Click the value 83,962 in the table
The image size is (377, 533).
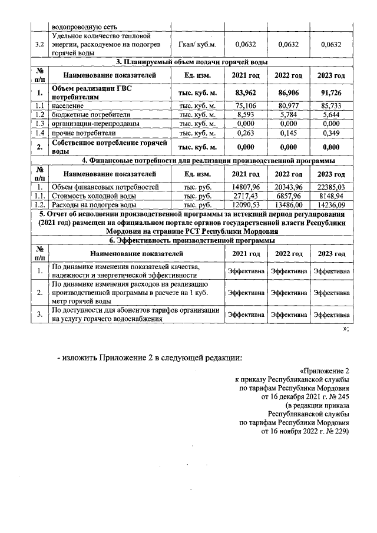coord(247,92)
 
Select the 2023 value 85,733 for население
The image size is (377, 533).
coord(328,105)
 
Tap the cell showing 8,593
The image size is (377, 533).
coord(247,114)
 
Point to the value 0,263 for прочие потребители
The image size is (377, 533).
coord(247,133)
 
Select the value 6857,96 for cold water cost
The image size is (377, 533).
coord(287,196)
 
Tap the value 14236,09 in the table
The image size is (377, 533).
coord(328,204)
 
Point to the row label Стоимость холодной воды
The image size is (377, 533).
coord(94,196)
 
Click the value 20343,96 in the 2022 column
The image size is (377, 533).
coord(287,187)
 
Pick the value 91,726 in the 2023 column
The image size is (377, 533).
coord(328,92)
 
